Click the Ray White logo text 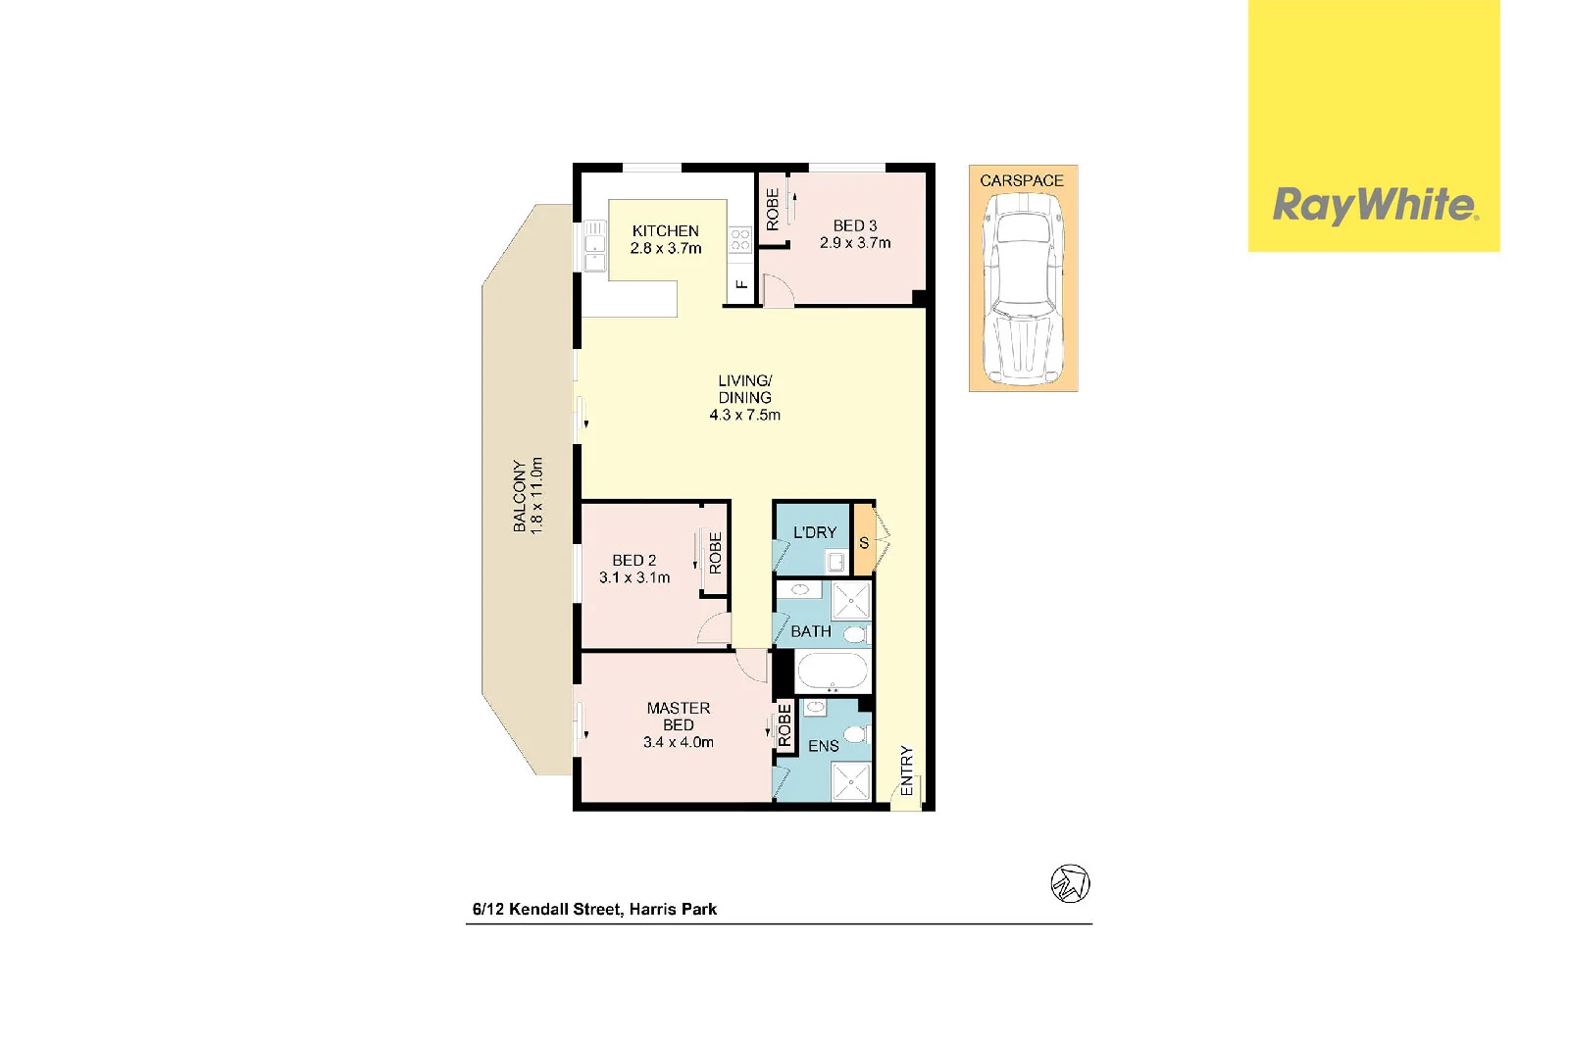click(x=1374, y=205)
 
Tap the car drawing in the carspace click(x=1023, y=288)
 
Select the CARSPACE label click(x=1022, y=180)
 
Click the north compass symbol click(x=1070, y=883)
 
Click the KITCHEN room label click(x=666, y=230)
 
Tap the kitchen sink click(x=595, y=246)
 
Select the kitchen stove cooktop click(x=739, y=239)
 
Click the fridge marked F click(x=741, y=284)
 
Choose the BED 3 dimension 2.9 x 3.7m click(x=855, y=243)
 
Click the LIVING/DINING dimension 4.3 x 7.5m click(x=745, y=415)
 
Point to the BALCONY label click(x=519, y=495)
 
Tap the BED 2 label click(x=634, y=560)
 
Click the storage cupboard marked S click(x=864, y=542)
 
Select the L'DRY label click(x=815, y=532)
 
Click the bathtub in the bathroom click(x=832, y=672)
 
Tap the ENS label click(x=824, y=746)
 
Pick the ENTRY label click(x=906, y=771)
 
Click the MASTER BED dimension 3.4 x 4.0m click(x=679, y=742)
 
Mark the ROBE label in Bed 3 click(x=773, y=209)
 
